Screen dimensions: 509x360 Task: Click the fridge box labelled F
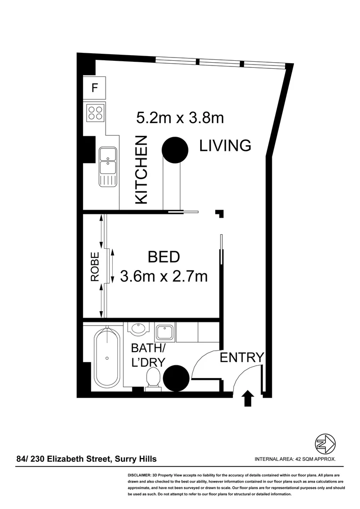tap(94, 88)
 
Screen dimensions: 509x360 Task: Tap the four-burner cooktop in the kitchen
tap(95, 113)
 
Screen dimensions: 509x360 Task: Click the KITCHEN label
tap(141, 170)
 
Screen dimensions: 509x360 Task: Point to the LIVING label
tap(225, 146)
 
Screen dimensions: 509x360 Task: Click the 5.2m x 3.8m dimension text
tap(180, 117)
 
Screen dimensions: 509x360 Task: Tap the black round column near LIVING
tap(175, 149)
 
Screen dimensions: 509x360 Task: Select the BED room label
tap(164, 257)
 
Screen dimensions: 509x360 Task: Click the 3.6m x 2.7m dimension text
tap(164, 276)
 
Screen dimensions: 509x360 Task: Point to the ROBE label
tap(95, 267)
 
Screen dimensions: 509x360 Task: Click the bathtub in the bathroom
tap(107, 358)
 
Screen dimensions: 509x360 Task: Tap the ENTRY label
tap(242, 358)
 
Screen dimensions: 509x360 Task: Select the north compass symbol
tap(325, 443)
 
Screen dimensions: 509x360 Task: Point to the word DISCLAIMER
tap(138, 476)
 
